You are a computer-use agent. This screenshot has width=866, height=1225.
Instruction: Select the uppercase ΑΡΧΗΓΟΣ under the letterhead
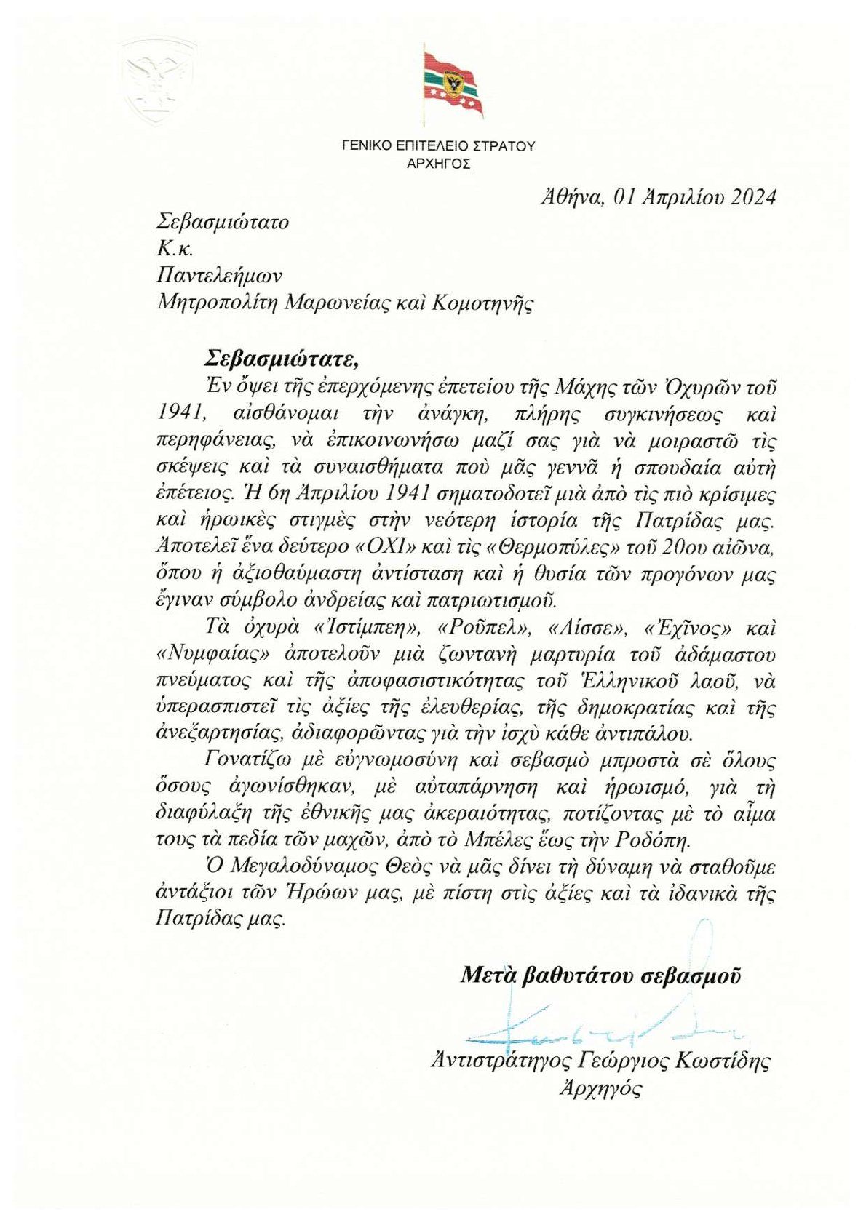tap(438, 164)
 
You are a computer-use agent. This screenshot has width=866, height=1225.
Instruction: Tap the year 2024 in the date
tap(753, 196)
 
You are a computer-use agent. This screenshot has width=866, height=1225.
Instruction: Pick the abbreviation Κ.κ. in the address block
tap(175, 249)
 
